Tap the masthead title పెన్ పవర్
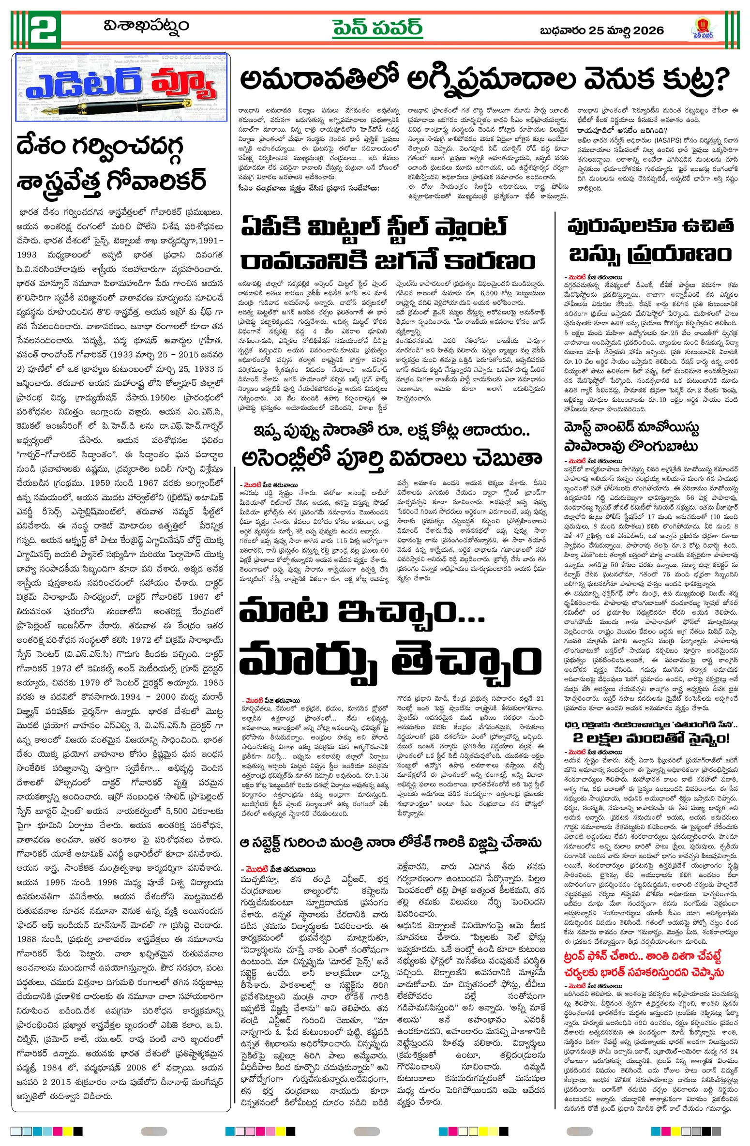coord(377,28)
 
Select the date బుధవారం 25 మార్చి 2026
coord(601,30)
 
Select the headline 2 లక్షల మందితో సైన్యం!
coord(650,738)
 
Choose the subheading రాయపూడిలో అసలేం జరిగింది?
coord(622,130)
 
